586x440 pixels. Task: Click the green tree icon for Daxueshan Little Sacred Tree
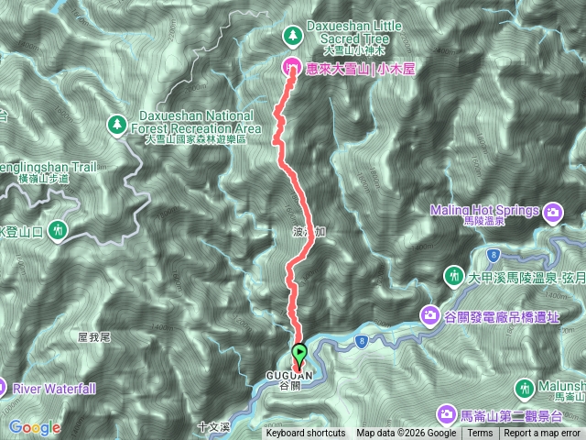point(292,35)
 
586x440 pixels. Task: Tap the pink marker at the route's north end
point(291,66)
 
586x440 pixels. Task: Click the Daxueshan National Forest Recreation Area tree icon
point(117,123)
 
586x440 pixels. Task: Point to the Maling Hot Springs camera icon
point(553,214)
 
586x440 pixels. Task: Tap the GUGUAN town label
point(288,376)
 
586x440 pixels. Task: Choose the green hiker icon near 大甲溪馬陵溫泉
point(453,275)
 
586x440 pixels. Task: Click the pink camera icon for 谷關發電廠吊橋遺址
point(429,315)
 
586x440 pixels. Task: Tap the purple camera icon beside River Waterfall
point(3,388)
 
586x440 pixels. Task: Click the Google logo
point(35,427)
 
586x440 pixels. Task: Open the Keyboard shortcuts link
point(306,434)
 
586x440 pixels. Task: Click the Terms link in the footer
point(479,434)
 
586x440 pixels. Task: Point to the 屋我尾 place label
point(94,337)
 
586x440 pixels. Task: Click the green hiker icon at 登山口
point(59,229)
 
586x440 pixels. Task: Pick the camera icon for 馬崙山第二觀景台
point(448,413)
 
